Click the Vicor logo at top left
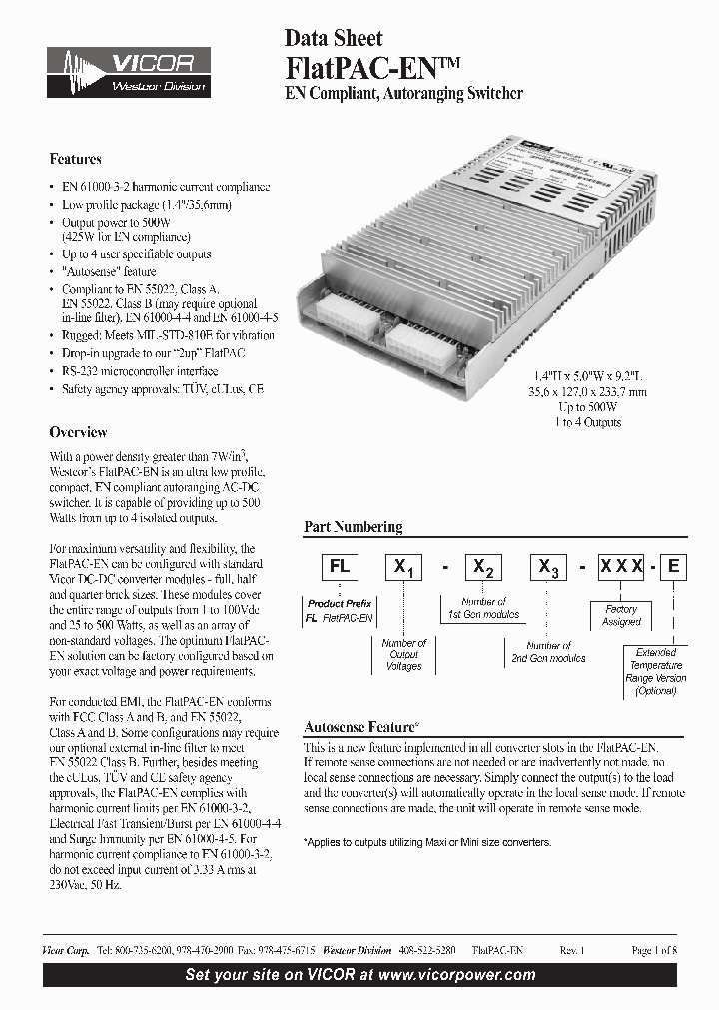[x=128, y=72]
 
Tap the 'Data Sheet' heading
[x=334, y=39]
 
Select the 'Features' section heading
[x=76, y=159]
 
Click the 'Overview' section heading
[x=78, y=432]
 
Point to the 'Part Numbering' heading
[x=353, y=526]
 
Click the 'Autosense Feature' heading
[x=360, y=728]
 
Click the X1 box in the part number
[x=404, y=567]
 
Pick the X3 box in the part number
[x=548, y=567]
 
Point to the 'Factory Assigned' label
[x=621, y=615]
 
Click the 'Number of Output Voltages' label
[x=404, y=654]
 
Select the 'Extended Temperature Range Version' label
[x=656, y=671]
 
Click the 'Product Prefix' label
[x=339, y=604]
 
